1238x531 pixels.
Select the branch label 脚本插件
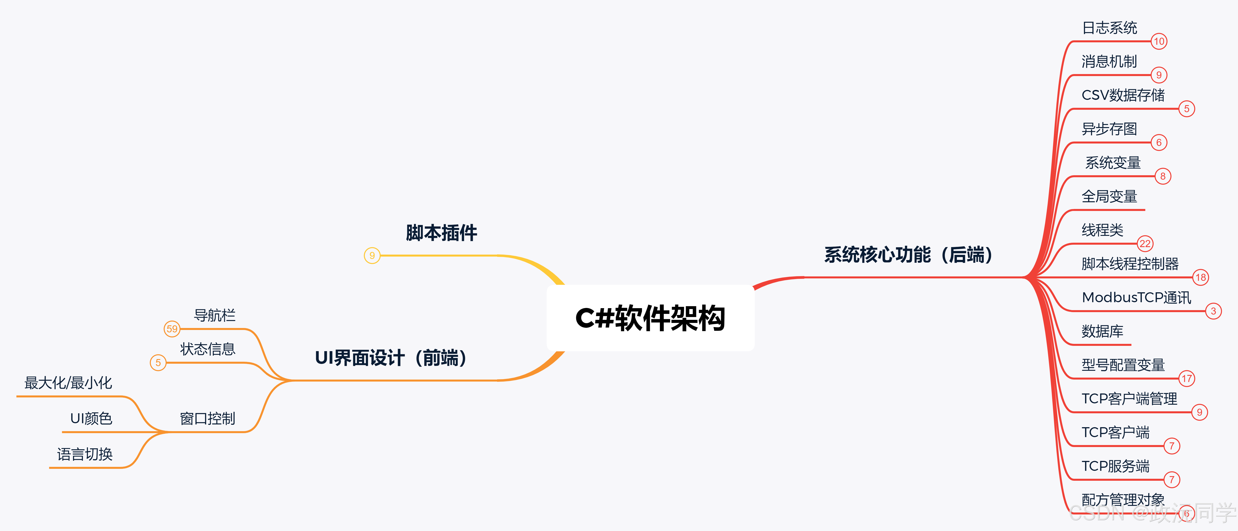click(441, 233)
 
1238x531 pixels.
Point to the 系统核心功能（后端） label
click(908, 254)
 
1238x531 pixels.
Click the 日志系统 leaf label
click(1109, 28)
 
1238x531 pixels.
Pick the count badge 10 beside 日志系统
click(1159, 41)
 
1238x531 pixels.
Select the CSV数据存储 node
click(1123, 95)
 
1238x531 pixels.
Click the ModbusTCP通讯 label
click(1136, 297)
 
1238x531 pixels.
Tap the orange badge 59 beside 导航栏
click(172, 329)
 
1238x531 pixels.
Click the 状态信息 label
click(208, 349)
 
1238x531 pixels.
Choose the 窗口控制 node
click(208, 418)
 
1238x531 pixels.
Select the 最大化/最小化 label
click(68, 383)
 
